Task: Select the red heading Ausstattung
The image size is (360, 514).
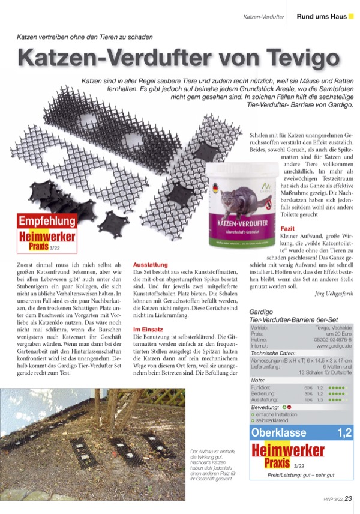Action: pos(150,264)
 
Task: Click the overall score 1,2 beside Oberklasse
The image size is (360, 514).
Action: pos(344,432)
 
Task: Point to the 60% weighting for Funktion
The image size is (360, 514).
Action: pos(308,388)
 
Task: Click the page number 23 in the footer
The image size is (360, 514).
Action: pos(349,498)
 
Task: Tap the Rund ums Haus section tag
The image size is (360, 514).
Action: pos(322,16)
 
